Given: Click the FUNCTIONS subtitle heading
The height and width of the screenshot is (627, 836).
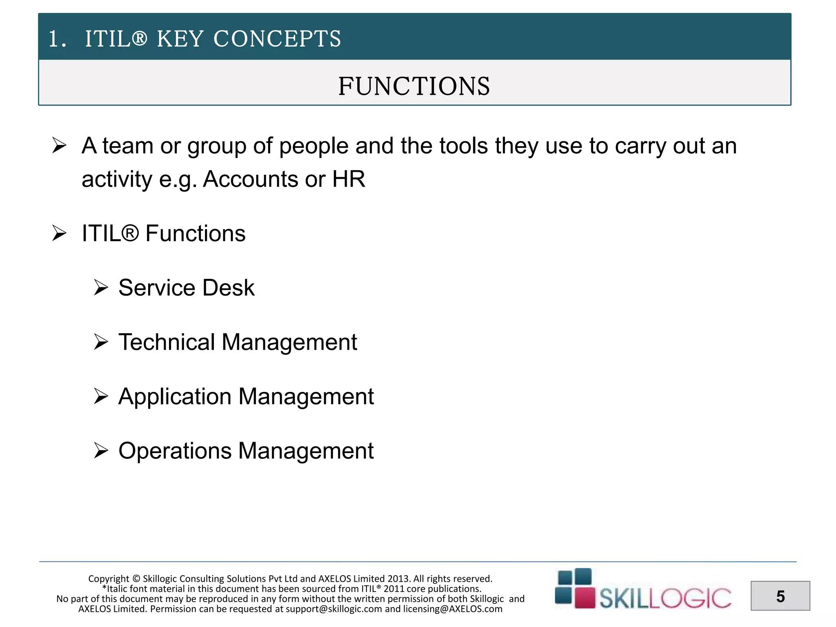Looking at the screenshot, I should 414,86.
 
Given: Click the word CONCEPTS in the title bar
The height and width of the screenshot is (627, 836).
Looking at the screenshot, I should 277,39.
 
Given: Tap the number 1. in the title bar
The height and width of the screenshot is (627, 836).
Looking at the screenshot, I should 57,40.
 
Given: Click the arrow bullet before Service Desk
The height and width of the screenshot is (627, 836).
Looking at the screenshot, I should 101,287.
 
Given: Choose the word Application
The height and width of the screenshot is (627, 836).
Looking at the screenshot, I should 175,396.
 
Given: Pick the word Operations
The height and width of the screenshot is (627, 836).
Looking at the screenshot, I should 175,451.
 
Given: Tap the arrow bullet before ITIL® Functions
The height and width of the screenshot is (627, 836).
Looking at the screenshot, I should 60,233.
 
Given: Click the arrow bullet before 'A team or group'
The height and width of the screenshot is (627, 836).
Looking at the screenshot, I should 60,146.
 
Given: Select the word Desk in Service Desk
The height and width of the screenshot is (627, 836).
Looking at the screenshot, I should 229,287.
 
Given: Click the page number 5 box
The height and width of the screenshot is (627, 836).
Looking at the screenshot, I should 780,596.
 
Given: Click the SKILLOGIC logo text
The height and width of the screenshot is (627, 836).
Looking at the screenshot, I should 665,598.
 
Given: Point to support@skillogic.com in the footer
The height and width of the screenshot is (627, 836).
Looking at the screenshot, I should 334,609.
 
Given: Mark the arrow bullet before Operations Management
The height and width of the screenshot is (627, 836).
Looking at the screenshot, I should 101,451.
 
